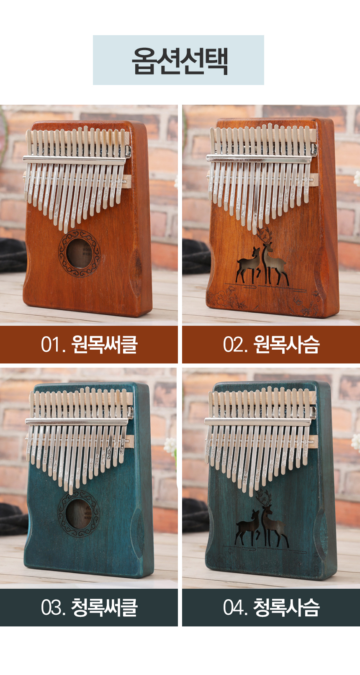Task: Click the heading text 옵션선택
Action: coord(180,61)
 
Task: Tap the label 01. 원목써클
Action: coord(89,345)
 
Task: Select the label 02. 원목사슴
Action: coord(271,345)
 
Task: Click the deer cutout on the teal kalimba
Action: coord(262,520)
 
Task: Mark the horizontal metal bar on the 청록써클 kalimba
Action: coord(77,421)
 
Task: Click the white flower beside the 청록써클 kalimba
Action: coord(170,446)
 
